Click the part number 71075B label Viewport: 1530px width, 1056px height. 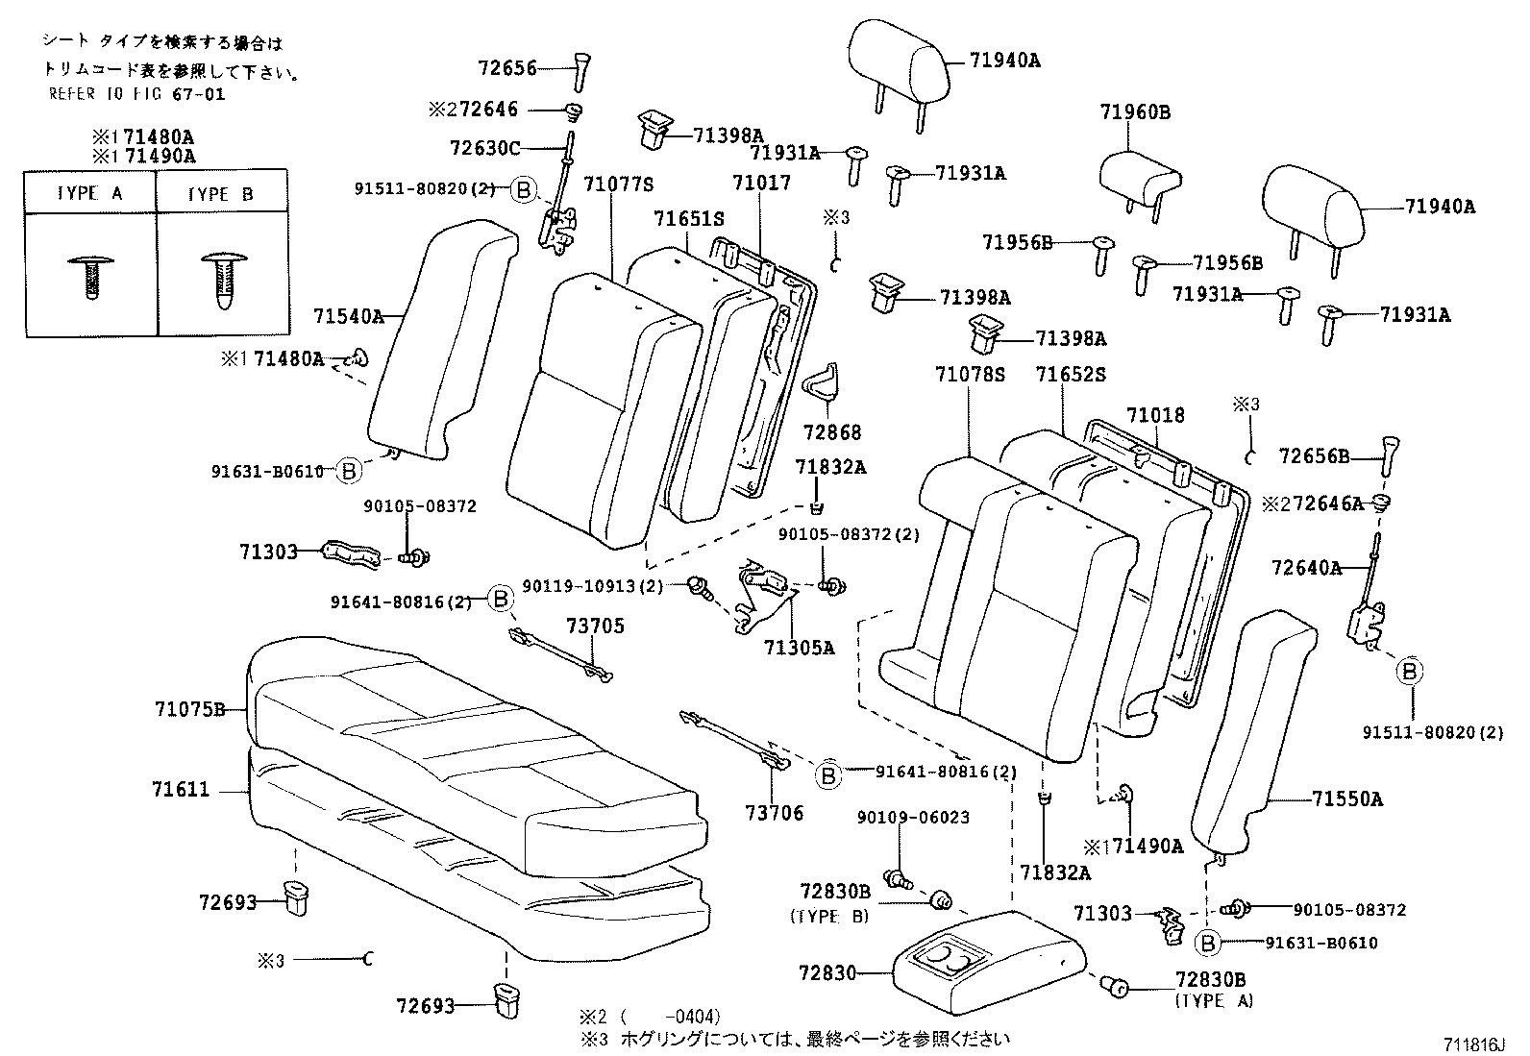point(188,710)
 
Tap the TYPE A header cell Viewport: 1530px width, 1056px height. point(89,193)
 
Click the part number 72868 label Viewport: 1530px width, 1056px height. point(832,432)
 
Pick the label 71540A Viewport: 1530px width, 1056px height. point(348,315)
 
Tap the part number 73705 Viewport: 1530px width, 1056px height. point(595,626)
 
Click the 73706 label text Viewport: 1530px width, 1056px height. point(773,813)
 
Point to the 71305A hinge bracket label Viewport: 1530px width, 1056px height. point(799,648)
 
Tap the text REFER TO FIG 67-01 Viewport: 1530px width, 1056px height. point(136,94)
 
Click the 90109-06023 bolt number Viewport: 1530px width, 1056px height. point(913,818)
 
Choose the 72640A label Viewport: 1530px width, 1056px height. point(1305,568)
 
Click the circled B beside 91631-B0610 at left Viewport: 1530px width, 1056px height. point(350,471)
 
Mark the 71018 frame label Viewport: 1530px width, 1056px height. point(1155,415)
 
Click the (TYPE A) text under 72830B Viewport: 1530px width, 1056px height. point(1214,1000)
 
